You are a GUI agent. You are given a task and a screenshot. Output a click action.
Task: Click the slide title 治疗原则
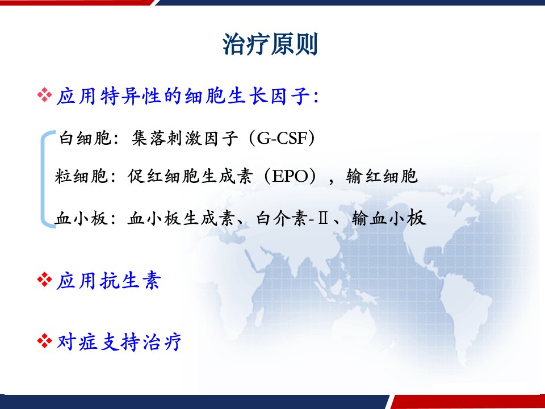(x=270, y=44)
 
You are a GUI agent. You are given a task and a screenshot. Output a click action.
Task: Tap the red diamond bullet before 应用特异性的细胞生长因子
(x=44, y=95)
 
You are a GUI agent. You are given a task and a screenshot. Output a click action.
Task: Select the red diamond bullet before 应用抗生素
(x=44, y=279)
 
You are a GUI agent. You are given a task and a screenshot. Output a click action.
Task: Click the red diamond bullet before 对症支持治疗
(x=44, y=341)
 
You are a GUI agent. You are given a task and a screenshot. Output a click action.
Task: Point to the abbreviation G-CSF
(x=282, y=139)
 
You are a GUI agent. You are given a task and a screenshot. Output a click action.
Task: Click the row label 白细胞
(x=85, y=139)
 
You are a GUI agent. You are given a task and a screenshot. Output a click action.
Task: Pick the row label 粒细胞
(x=81, y=176)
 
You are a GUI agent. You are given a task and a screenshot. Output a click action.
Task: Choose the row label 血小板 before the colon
(x=81, y=219)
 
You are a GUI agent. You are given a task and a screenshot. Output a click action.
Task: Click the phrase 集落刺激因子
(x=185, y=139)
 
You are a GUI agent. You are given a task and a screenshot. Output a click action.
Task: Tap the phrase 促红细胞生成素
(x=190, y=176)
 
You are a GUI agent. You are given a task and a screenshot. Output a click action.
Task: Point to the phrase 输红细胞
(x=381, y=176)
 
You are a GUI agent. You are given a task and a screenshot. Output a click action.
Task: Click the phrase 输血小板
(x=388, y=219)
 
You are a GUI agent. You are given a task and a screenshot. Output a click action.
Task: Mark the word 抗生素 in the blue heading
(x=130, y=280)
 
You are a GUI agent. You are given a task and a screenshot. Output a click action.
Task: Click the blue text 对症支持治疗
(x=119, y=341)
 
